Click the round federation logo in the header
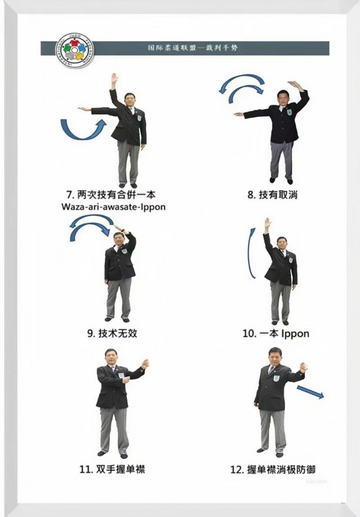pyautogui.click(x=74, y=50)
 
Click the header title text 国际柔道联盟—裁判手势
pyautogui.click(x=192, y=48)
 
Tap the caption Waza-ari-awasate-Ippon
pyautogui.click(x=113, y=207)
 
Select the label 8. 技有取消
pyautogui.click(x=273, y=195)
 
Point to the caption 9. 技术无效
pyautogui.click(x=112, y=334)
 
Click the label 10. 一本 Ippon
pyautogui.click(x=276, y=334)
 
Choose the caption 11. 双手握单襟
pyautogui.click(x=112, y=469)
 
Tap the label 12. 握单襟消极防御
pyautogui.click(x=273, y=469)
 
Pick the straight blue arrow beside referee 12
pyautogui.click(x=310, y=392)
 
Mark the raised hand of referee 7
pyautogui.click(x=114, y=79)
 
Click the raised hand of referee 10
pyautogui.click(x=267, y=223)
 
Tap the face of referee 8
pyautogui.click(x=283, y=97)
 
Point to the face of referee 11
pyautogui.click(x=110, y=358)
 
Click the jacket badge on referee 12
pyautogui.click(x=277, y=379)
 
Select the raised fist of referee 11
pyautogui.click(x=145, y=364)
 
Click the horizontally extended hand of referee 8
pyautogui.click(x=239, y=114)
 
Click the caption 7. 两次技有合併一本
pyautogui.click(x=111, y=195)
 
